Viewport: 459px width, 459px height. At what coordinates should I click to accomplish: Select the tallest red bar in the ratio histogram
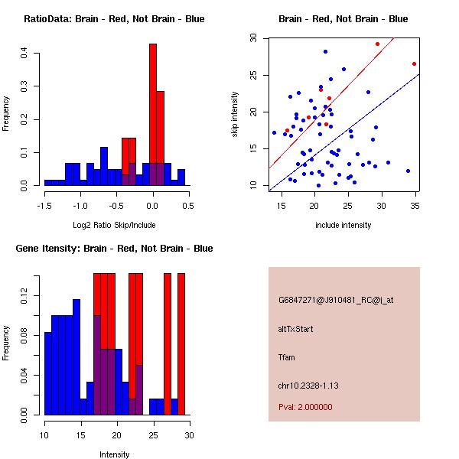(153, 115)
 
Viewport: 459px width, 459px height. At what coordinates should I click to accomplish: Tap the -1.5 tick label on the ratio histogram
(44, 205)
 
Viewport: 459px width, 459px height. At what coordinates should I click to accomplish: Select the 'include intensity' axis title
(343, 225)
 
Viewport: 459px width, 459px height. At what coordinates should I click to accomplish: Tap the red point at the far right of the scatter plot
(414, 63)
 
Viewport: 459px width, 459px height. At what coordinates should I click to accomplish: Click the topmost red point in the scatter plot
(377, 44)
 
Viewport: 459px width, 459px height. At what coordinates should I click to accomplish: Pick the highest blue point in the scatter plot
(325, 52)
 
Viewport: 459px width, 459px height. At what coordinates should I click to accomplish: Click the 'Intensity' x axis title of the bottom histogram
(114, 454)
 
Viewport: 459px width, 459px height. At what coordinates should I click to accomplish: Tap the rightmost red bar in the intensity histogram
(181, 344)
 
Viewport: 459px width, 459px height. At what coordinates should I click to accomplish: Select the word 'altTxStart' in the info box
(296, 329)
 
